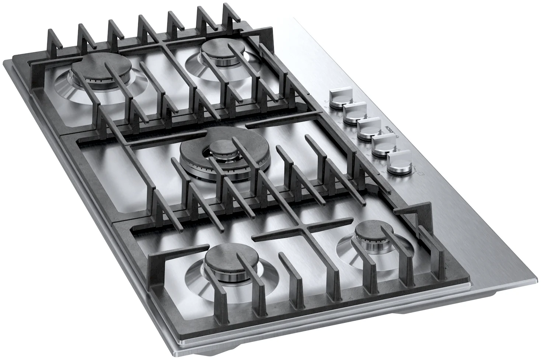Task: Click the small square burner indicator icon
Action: coord(421,173)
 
